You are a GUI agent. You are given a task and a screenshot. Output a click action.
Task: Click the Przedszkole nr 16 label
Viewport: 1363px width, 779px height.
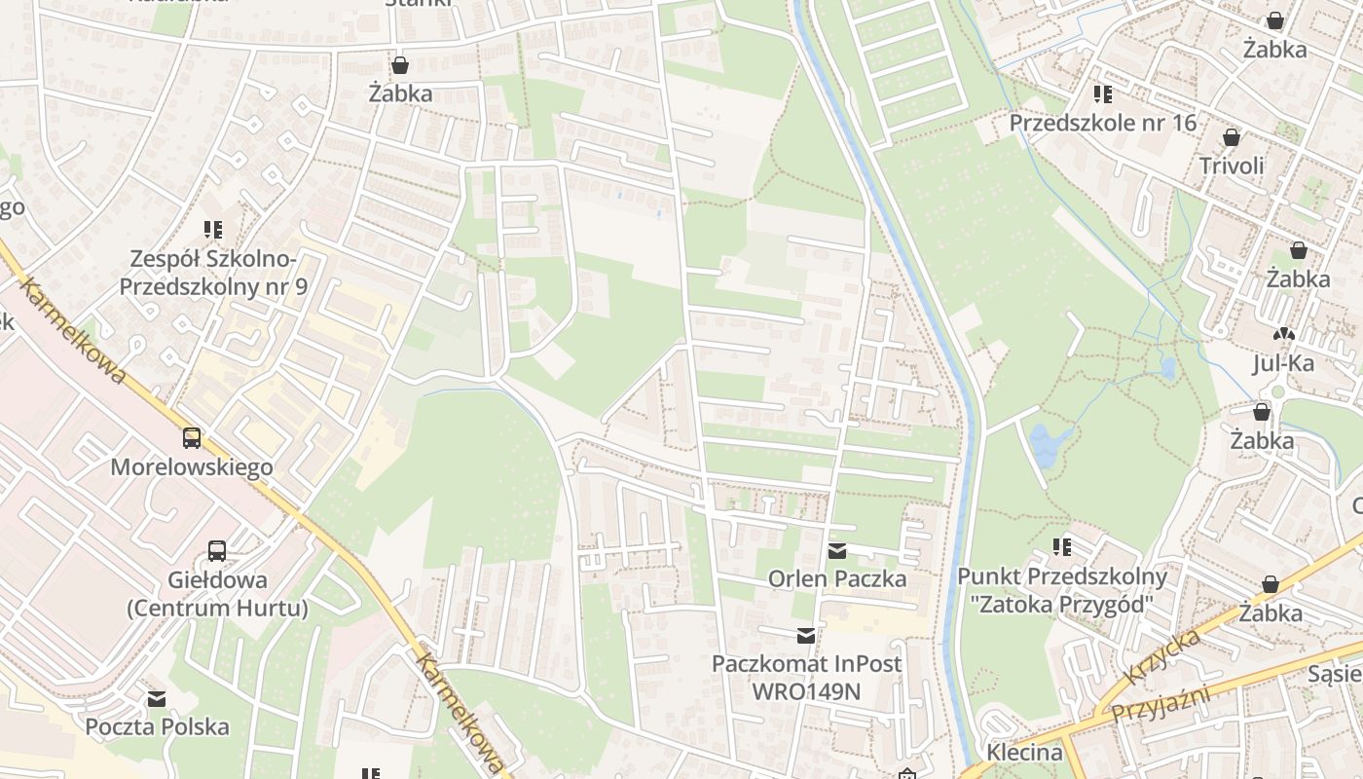1102,124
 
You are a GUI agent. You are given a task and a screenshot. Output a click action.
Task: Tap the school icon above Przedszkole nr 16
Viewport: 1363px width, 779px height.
1102,94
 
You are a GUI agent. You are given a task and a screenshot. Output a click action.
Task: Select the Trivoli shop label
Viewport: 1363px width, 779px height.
1232,166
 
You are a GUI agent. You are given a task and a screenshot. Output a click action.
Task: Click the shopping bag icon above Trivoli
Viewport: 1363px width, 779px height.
1232,137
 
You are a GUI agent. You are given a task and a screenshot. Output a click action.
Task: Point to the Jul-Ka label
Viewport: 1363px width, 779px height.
1283,364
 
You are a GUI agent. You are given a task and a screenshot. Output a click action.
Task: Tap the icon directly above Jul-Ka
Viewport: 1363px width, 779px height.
1284,334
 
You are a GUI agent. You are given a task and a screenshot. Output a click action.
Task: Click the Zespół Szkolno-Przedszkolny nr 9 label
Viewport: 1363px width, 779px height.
213,273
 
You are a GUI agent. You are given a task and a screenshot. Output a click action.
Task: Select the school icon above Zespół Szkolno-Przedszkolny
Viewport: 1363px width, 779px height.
213,230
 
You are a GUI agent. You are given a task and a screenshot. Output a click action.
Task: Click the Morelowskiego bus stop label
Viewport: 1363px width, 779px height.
192,467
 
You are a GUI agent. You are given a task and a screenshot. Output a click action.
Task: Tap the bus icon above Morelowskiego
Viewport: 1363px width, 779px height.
192,438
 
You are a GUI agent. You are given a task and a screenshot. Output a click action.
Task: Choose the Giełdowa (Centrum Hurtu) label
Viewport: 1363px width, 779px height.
217,594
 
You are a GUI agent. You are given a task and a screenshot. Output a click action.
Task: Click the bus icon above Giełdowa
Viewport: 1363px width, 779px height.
217,551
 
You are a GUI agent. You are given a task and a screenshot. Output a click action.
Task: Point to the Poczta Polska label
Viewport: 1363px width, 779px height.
157,727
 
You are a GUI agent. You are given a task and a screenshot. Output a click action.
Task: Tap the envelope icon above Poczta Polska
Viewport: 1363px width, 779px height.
157,699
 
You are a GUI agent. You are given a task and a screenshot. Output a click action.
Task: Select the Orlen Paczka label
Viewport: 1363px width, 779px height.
837,579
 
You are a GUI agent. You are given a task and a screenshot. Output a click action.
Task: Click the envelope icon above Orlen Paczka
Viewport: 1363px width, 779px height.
837,551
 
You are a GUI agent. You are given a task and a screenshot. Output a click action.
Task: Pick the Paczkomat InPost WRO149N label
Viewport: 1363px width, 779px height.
806,678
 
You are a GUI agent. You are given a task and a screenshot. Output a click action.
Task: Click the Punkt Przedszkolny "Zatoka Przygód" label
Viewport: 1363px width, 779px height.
1061,590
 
